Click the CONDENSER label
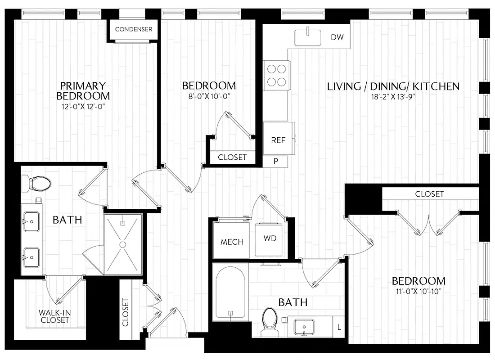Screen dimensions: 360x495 pyautogui.click(x=134, y=29)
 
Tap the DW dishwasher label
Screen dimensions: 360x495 pyautogui.click(x=337, y=37)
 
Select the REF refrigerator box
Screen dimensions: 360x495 pyautogui.click(x=278, y=140)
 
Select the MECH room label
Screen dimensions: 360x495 pyautogui.click(x=232, y=242)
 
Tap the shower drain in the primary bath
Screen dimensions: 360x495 pyautogui.click(x=122, y=244)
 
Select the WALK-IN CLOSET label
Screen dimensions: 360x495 pyautogui.click(x=54, y=316)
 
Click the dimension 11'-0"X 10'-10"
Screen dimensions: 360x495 pyautogui.click(x=418, y=292)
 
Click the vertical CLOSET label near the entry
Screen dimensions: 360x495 pyautogui.click(x=125, y=312)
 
